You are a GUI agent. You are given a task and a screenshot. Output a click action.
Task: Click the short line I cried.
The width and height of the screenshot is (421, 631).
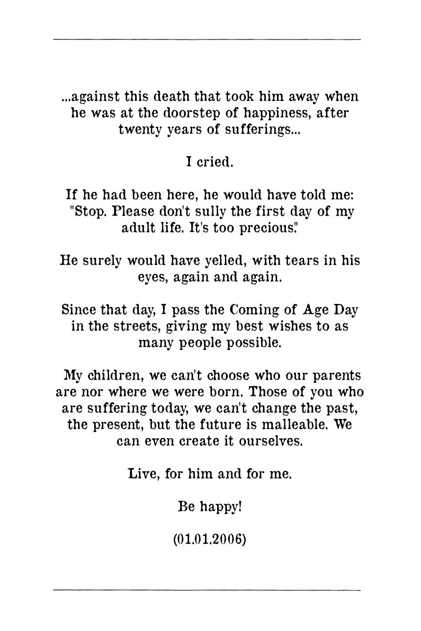pos(210,162)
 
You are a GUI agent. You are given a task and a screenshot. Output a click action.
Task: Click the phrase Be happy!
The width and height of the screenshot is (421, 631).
pos(210,506)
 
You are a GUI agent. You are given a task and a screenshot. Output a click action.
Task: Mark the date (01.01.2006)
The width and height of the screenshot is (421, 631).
pos(210,540)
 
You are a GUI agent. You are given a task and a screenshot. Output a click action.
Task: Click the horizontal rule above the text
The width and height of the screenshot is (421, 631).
pos(207,39)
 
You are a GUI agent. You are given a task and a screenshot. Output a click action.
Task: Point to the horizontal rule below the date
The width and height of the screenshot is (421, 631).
pos(207,590)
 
